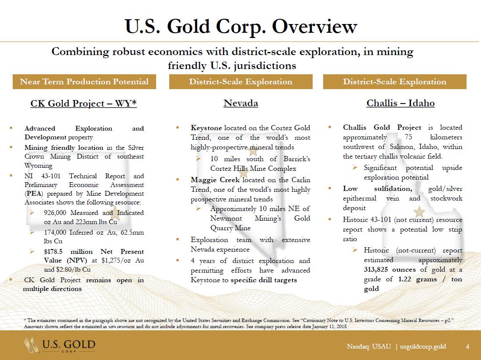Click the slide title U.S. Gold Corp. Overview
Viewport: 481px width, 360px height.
240,27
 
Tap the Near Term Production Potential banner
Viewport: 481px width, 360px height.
84,82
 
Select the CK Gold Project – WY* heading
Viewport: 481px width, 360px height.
84,104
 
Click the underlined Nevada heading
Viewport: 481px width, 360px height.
240,104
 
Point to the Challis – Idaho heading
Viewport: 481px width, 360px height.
400,104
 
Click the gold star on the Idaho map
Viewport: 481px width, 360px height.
419,211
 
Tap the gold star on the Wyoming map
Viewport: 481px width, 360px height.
115,214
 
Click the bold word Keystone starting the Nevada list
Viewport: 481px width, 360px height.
206,128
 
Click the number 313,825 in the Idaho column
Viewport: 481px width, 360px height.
380,269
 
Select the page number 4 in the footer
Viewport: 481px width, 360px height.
467,346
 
